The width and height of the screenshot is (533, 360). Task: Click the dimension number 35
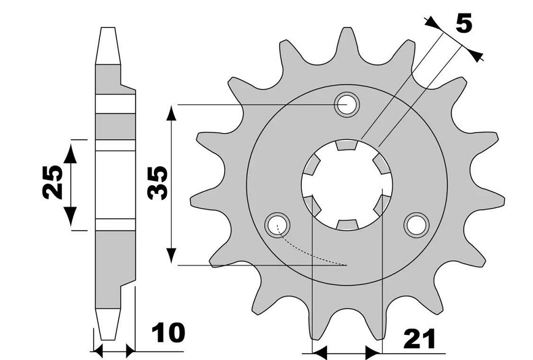(x=158, y=183)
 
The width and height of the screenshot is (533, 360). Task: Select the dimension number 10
(x=167, y=334)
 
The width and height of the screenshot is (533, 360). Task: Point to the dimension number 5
(x=464, y=25)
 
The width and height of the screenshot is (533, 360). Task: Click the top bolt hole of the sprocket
(x=347, y=104)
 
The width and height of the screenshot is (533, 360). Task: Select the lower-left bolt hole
(x=276, y=224)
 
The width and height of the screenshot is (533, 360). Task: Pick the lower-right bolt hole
(x=417, y=224)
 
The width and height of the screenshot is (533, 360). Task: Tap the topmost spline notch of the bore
(x=347, y=145)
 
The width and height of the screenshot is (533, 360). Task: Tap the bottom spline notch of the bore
(x=347, y=224)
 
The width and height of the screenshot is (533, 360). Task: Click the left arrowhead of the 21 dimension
(x=319, y=353)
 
